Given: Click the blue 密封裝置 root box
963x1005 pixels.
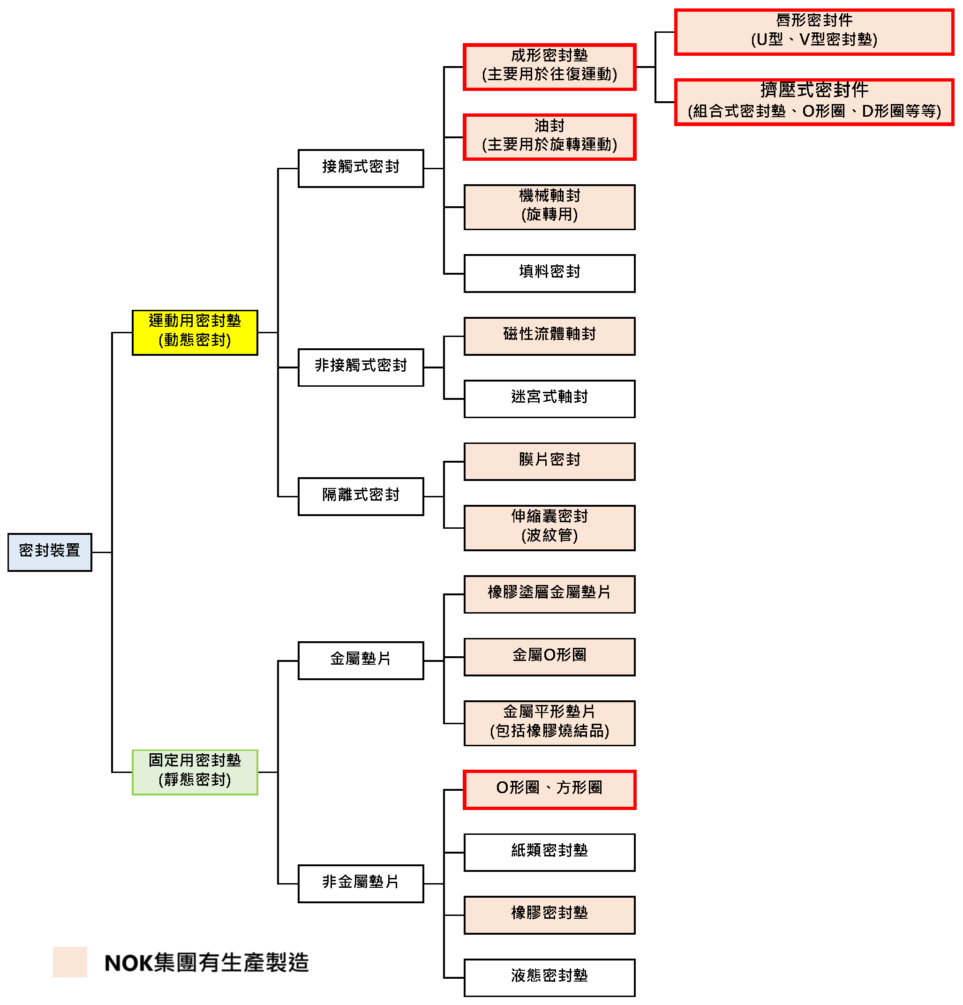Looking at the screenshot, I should (50, 552).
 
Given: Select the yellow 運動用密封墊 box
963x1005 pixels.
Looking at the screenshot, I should (195, 332).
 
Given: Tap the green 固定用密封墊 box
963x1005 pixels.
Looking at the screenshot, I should (195, 772).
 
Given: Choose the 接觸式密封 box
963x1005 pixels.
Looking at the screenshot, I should (361, 168).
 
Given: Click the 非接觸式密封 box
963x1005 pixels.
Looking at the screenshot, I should (361, 367).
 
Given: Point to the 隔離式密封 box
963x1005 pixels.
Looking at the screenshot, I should (361, 496).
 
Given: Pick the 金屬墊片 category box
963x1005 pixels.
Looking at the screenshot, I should (361, 660).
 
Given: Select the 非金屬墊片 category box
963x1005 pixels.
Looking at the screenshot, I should (361, 883).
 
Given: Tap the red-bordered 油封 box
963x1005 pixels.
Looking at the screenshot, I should (549, 137).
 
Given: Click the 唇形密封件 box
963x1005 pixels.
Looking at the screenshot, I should (813, 32).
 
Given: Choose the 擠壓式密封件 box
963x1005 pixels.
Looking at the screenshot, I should (813, 102).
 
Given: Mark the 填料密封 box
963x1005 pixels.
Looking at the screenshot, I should (549, 273).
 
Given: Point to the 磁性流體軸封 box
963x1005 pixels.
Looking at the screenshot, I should (549, 336).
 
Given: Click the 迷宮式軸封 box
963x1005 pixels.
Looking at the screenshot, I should (549, 398).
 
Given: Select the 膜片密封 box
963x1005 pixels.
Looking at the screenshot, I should (549, 461).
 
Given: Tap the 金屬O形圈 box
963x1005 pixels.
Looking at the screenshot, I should (549, 656).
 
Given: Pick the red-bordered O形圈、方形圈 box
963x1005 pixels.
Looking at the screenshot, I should (549, 789).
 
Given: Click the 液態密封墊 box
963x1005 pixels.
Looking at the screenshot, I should (549, 977).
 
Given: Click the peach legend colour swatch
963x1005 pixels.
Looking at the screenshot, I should (70, 961).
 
